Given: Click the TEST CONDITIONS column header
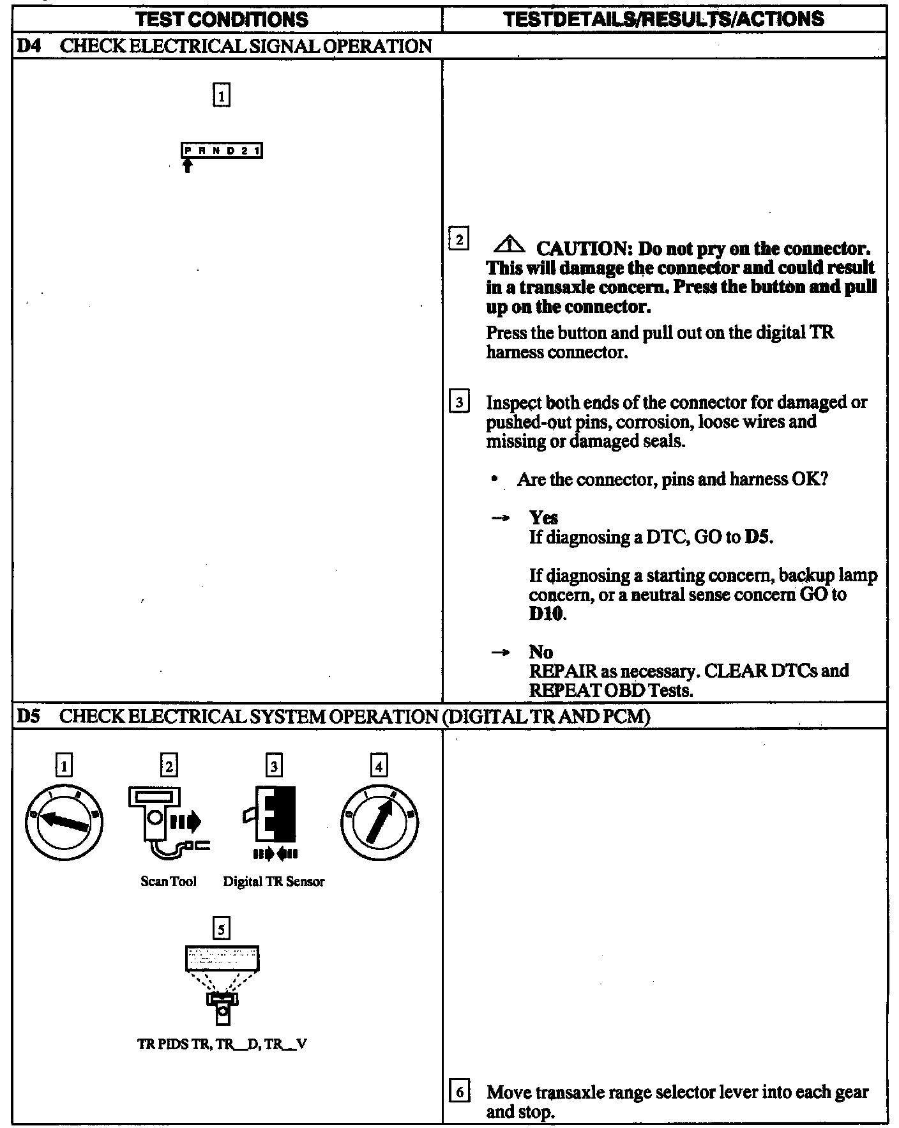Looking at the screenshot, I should [x=222, y=19].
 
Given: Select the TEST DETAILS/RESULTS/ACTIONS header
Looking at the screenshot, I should [x=663, y=19].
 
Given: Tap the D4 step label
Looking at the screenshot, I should [x=26, y=46].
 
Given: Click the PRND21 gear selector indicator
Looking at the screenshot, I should [x=222, y=151].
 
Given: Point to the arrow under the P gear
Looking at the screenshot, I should [x=186, y=166].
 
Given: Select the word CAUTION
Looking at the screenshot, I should [x=581, y=248].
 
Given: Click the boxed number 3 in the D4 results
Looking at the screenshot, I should [x=459, y=403].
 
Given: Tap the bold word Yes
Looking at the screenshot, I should [x=543, y=517].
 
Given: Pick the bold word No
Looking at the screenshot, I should [x=540, y=652].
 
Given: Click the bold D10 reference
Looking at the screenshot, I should [x=547, y=614].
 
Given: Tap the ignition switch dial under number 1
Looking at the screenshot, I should [x=63, y=821].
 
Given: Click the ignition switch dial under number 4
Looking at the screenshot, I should [x=379, y=821].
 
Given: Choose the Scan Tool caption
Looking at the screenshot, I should [x=168, y=881].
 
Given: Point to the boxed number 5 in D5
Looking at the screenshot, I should [x=221, y=928].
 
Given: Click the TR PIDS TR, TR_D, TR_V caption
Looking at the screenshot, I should [x=222, y=1045].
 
